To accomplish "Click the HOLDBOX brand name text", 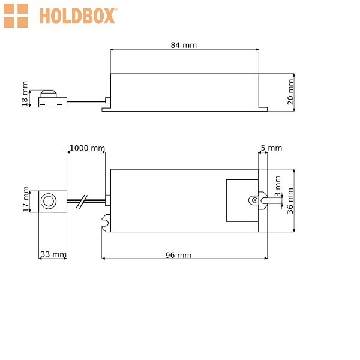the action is point(77,16).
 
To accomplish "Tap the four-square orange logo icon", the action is point(16,16).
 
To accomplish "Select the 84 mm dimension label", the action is point(184,45).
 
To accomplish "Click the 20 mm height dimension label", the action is point(290,92).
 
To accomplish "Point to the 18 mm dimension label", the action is point(25,94).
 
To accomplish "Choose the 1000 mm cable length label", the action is point(87,148).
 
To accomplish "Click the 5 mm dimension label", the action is point(271,148).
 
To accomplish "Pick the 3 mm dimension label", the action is point(278,186).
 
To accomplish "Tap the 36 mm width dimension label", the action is point(290,200).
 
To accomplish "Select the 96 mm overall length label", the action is point(178,255).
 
